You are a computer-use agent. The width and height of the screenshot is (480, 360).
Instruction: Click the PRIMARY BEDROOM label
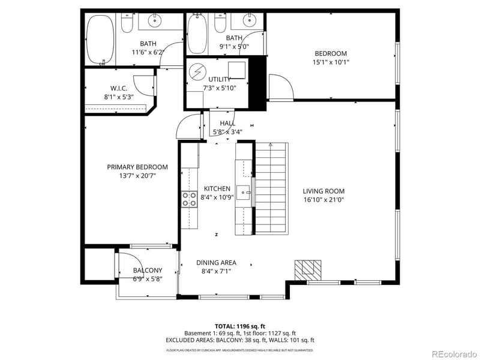pos(137,167)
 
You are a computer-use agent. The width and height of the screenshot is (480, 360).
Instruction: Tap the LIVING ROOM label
pos(323,191)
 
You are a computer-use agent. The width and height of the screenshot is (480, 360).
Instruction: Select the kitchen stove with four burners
pos(189,199)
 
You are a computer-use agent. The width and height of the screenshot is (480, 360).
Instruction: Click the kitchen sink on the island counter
pos(244,193)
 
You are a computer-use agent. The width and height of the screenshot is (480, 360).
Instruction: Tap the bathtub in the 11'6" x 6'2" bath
pos(100,39)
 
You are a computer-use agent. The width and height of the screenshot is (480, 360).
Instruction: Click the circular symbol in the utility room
pos(196,73)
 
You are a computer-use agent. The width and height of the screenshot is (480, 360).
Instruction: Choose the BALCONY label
pos(148,270)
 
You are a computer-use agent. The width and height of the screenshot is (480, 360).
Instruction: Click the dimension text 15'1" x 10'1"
pos(331,62)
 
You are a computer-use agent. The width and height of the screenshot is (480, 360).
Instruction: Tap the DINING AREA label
pos(216,262)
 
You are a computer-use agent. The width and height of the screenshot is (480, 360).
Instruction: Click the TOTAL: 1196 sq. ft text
pos(239,326)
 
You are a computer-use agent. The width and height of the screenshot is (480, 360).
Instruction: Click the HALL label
pos(227,123)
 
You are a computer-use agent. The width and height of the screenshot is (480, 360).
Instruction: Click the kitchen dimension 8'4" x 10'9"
pos(217,197)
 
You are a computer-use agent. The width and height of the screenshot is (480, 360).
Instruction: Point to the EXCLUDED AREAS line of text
pos(239,340)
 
